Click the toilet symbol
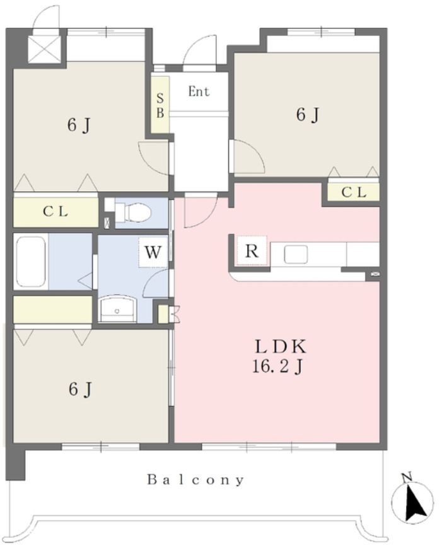132,212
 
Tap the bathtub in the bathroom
31,261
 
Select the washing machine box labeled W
153,253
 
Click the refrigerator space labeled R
252,250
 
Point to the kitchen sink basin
296,254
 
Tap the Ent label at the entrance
199,91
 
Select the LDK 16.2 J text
280,357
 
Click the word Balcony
195,480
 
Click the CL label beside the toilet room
55,212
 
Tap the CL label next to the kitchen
354,192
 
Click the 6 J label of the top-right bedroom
308,115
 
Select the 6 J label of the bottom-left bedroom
81,390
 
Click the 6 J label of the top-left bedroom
79,125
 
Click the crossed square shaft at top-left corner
44,50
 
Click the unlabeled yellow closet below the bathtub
53,310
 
